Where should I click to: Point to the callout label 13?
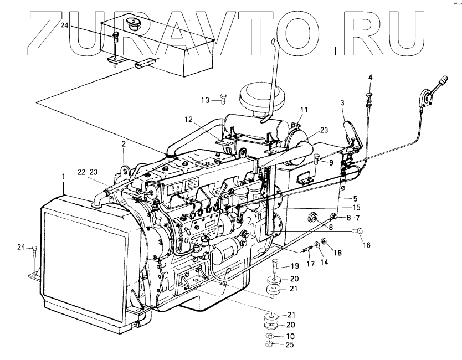point(205,100)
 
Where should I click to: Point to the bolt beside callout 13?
point(222,99)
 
